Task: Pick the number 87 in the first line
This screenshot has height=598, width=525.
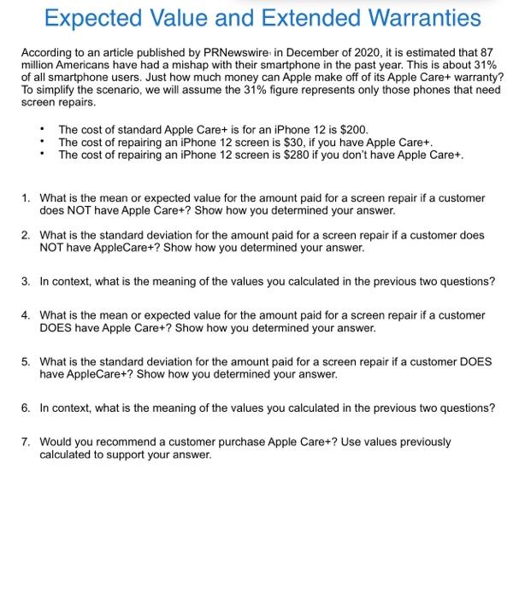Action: point(487,53)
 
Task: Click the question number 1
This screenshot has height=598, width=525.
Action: point(26,198)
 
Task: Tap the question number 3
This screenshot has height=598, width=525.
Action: point(26,281)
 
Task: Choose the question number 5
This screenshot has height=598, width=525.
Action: point(26,361)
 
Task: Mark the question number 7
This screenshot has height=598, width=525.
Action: point(26,442)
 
